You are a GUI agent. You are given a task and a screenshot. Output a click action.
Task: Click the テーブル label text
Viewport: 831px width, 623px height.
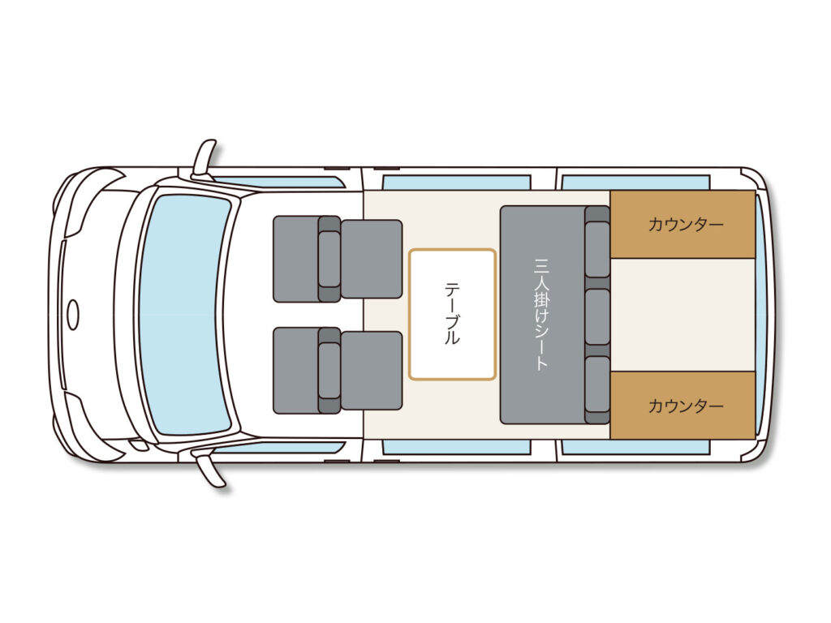coord(451,314)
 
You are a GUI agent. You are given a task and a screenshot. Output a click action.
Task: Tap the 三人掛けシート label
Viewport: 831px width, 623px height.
coord(541,314)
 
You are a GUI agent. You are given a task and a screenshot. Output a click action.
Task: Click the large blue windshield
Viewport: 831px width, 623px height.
coord(184,314)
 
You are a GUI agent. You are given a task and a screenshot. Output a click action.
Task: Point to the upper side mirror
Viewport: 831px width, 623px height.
coord(204,158)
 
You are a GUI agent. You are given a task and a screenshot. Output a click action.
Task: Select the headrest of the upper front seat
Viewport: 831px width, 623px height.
coord(329,259)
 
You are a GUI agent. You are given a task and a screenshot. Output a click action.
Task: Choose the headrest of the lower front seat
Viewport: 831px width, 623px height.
coord(329,370)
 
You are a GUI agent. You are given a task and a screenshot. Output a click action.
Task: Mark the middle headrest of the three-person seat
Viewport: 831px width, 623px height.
coord(596,316)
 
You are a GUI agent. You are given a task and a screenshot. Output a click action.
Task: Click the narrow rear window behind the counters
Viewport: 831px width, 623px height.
coord(760,315)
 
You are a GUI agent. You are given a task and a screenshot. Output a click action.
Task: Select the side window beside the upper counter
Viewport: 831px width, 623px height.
coord(635,183)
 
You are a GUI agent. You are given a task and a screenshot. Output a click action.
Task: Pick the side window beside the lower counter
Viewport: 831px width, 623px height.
coord(635,447)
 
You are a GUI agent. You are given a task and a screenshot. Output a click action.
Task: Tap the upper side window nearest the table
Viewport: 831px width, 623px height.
coord(456,183)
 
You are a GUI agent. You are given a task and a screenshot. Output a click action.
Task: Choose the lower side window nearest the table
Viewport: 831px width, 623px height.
coord(456,447)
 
